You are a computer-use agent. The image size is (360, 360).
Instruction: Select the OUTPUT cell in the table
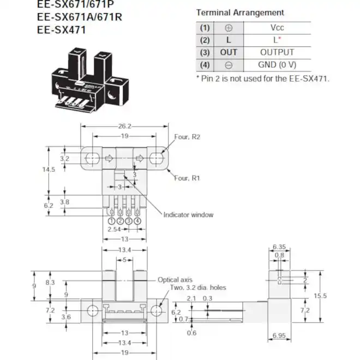click(x=277, y=52)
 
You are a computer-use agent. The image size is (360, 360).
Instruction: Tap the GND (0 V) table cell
click(x=277, y=65)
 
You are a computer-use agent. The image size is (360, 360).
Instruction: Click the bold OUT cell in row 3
click(x=229, y=52)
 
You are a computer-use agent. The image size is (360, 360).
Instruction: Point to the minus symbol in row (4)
click(x=229, y=65)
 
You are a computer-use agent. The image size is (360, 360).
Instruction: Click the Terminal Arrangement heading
click(x=240, y=12)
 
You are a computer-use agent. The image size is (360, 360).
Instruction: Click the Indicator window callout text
click(x=188, y=214)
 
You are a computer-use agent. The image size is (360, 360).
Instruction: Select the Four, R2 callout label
click(x=188, y=137)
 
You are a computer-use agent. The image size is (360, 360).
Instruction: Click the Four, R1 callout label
click(x=188, y=178)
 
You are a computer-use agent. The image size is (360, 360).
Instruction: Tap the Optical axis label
click(x=176, y=279)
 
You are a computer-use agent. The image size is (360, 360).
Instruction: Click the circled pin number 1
click(x=111, y=221)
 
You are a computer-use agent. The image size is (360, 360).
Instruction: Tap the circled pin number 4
click(x=137, y=221)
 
